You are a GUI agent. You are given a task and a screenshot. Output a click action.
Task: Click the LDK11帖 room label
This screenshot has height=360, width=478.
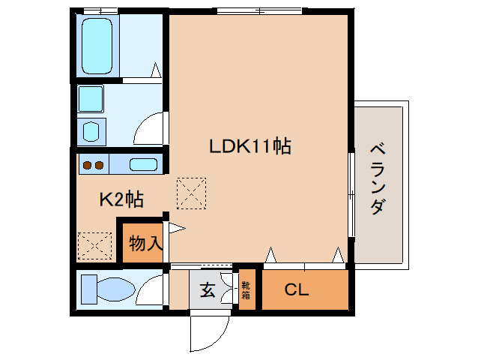point(249,146)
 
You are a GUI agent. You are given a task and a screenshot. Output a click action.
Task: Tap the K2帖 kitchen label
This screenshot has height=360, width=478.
point(122,199)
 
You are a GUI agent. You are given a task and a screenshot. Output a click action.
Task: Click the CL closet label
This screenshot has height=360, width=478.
point(297,289)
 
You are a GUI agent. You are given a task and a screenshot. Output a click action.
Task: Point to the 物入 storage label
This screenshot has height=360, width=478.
point(145,243)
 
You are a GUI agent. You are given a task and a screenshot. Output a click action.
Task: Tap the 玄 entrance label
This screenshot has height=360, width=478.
point(208,289)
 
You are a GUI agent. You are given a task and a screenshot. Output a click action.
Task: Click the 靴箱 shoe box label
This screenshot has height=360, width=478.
point(246,289)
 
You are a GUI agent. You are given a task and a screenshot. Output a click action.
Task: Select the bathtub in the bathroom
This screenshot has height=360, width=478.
point(97,44)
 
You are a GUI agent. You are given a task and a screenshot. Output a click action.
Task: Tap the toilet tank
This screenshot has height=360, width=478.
point(87,289)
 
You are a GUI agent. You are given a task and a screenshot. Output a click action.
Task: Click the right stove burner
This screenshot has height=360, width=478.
point(99,165)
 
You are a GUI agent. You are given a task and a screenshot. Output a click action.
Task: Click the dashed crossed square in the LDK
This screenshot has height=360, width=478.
point(190,193)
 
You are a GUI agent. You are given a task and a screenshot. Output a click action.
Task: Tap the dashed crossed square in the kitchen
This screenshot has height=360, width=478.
point(94,245)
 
